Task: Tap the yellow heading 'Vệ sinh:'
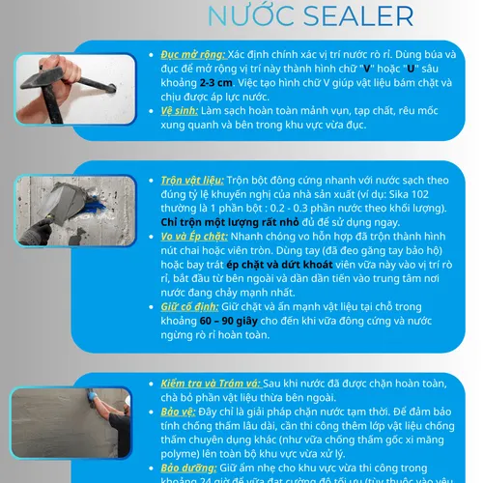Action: click(181, 110)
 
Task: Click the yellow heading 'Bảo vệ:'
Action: click(180, 412)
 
